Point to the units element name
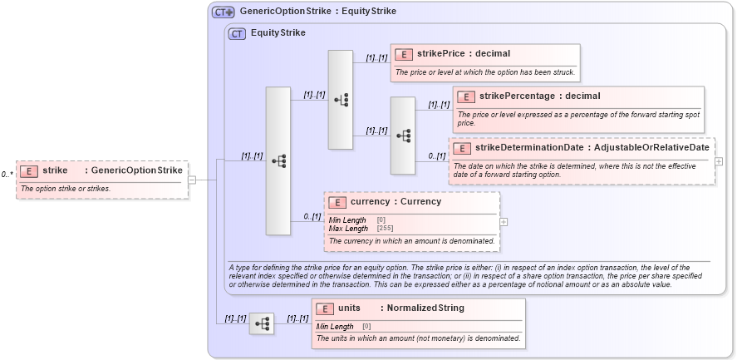point(355,308)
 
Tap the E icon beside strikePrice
point(404,54)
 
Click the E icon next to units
point(325,308)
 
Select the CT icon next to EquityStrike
point(237,33)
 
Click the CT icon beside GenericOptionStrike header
point(223,12)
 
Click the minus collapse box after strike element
point(192,179)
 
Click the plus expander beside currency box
point(504,222)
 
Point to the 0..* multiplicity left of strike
point(7,175)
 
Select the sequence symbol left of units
point(262,323)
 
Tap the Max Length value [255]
point(385,228)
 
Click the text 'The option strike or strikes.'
point(66,189)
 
